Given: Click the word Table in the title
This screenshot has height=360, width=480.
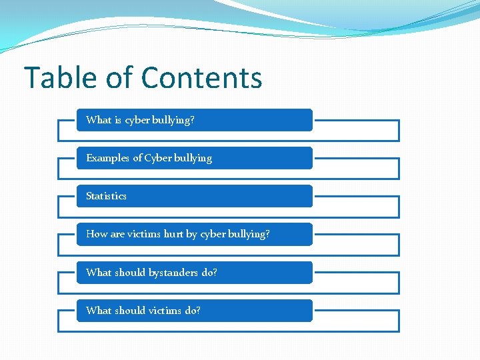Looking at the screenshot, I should coord(59,78).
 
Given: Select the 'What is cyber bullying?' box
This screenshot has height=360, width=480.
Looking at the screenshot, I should coord(194,120).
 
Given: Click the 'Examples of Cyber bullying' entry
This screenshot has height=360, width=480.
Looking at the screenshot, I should coord(194,158).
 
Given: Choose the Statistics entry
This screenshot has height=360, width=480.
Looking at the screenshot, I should coord(194,196).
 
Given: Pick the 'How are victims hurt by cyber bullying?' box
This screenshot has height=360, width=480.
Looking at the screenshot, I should coord(194,234).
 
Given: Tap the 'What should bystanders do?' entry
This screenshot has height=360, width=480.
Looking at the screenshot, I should coord(194,273).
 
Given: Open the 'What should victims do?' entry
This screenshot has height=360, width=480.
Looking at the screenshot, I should coord(194,311).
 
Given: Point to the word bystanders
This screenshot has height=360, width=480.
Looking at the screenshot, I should coord(173,273).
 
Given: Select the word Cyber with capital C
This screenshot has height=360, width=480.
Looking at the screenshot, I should coord(158,158).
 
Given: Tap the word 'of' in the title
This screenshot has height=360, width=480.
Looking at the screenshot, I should coord(119,78).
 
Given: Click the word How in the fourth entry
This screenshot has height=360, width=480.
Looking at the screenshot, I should coord(97,234).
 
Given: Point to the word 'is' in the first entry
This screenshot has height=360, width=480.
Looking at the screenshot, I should coord(118,120).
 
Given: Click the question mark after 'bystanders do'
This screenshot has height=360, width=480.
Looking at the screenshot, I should coord(215,273).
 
